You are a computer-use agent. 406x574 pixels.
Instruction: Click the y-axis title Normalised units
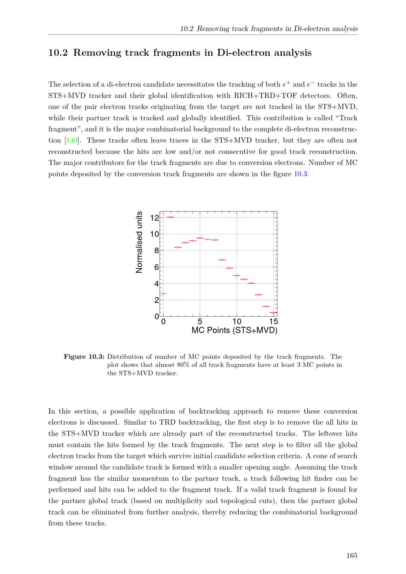coord(139,242)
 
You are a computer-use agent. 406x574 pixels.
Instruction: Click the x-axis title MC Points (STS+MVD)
coord(234,330)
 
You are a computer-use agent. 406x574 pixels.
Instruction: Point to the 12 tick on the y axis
coord(155,218)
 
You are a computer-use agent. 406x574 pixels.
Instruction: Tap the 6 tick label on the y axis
coord(157,268)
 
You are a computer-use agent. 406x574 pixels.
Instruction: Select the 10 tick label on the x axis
coord(237,322)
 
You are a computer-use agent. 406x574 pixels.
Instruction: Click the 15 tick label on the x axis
coord(274,322)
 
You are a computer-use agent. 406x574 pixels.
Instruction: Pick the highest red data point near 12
coord(171,217)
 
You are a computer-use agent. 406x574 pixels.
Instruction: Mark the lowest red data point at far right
coord(274,313)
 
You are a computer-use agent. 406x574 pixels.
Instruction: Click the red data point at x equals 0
coord(163,293)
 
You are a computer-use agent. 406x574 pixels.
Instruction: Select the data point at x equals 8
coord(222,260)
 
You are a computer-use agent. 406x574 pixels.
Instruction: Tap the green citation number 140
coord(72,140)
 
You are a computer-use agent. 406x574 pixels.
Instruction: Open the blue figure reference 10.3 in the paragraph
coord(300,174)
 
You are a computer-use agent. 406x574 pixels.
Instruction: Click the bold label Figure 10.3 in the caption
coord(84,357)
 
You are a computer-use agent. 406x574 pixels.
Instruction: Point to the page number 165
coord(352,555)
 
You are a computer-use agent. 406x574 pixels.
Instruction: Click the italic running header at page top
coord(269,28)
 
